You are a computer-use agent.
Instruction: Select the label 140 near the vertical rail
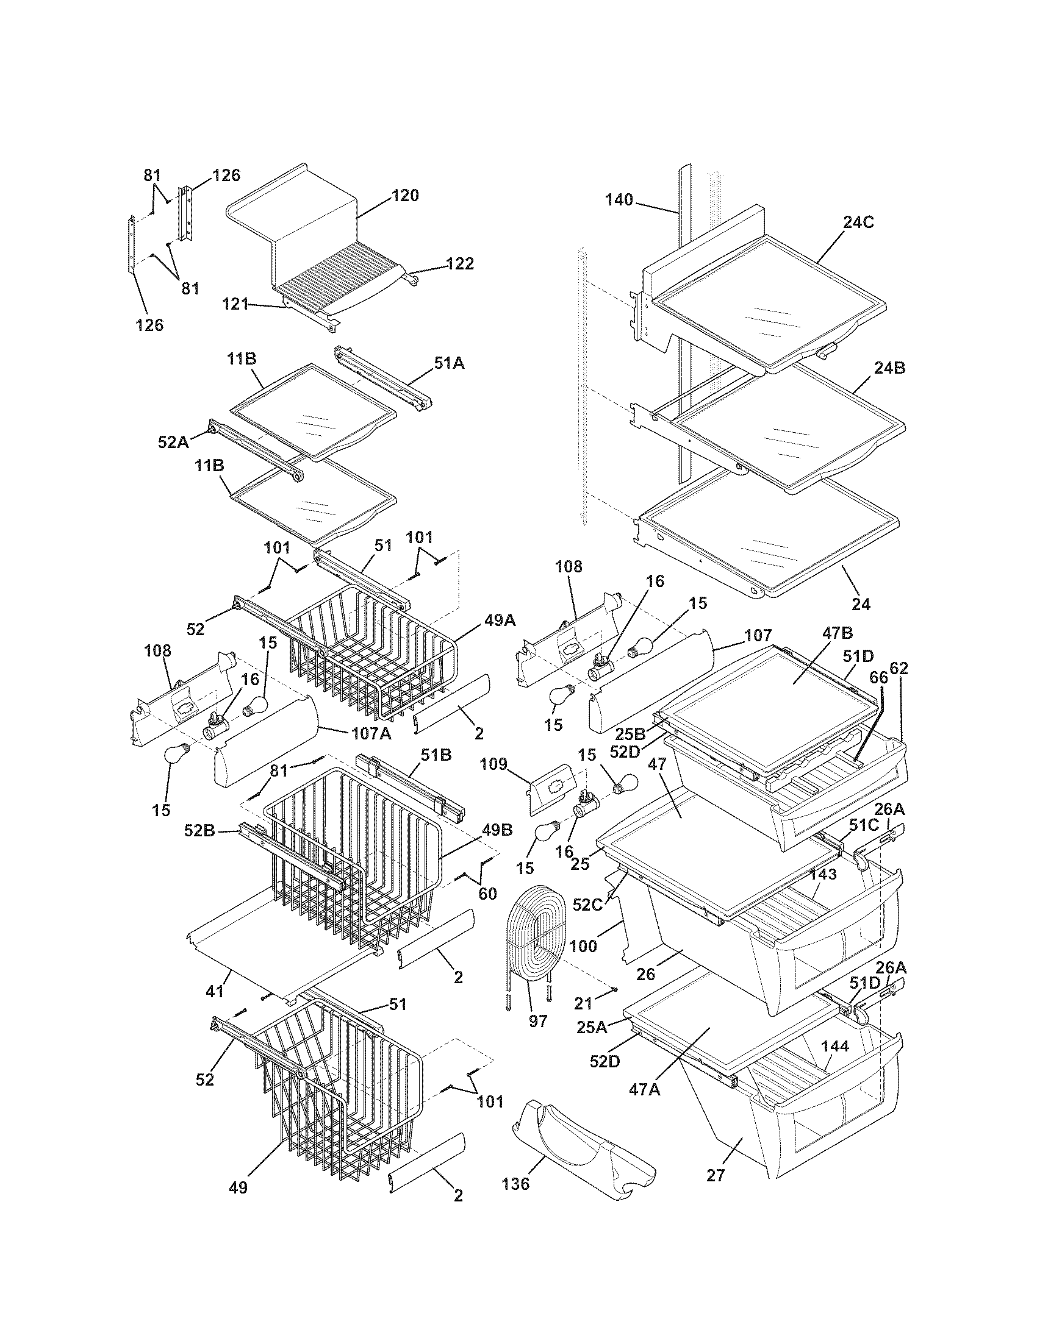[x=619, y=200]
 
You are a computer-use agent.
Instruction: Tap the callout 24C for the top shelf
[x=858, y=222]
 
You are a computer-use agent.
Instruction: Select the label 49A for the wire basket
[x=500, y=621]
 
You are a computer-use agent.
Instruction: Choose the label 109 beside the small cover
[x=493, y=764]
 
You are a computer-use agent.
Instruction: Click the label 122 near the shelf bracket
[x=460, y=263]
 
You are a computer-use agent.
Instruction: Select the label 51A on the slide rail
[x=450, y=363]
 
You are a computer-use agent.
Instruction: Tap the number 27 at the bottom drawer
[x=716, y=1175]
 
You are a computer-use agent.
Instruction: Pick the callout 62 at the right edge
[x=899, y=669]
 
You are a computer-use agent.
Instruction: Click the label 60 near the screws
[x=487, y=894]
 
